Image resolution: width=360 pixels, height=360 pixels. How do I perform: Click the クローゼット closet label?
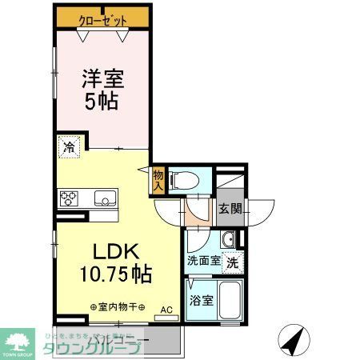point(102,18)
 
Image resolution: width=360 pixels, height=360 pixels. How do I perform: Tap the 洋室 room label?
point(102,80)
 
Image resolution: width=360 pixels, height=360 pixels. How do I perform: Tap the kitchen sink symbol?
point(104,198)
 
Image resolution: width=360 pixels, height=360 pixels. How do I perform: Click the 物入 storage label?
point(158,180)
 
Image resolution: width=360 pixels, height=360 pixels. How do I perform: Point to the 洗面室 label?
point(203,261)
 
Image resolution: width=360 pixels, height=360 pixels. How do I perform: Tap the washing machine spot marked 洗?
point(232,261)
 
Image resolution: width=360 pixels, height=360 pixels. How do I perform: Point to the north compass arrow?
point(295,341)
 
